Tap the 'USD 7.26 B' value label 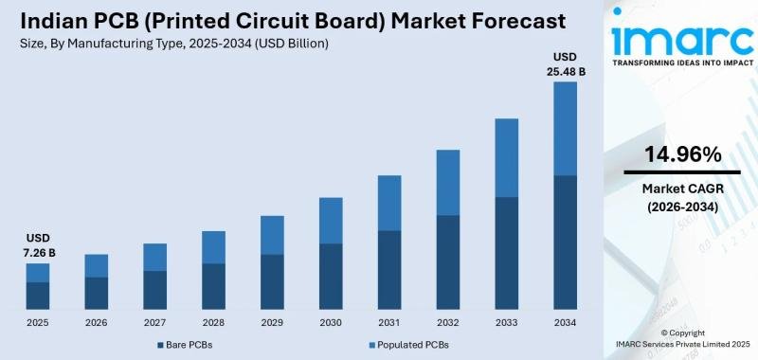coord(38,244)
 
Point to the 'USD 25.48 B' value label coord(566,63)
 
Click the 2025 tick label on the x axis coord(38,322)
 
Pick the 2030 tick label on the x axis coord(331,322)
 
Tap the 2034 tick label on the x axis coord(566,322)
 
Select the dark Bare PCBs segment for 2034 coord(566,243)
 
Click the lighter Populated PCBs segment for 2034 coord(566,129)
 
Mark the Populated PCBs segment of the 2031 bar coord(389,203)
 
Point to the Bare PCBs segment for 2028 coord(213,286)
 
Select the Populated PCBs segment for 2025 coord(38,272)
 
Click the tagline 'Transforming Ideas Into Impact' coord(682,63)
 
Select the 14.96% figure coord(682,153)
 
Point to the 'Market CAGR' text coord(682,189)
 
